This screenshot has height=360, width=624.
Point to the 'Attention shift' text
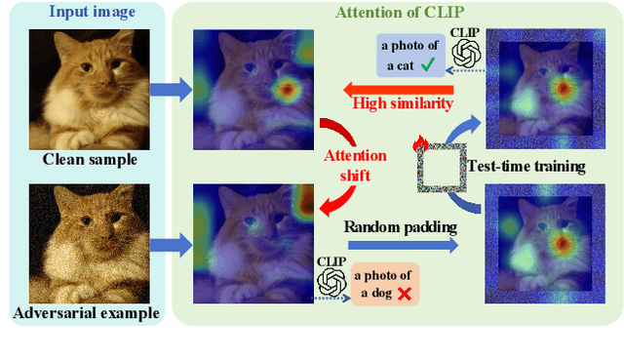[x=354, y=164]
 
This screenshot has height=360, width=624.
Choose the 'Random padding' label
[x=400, y=226]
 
